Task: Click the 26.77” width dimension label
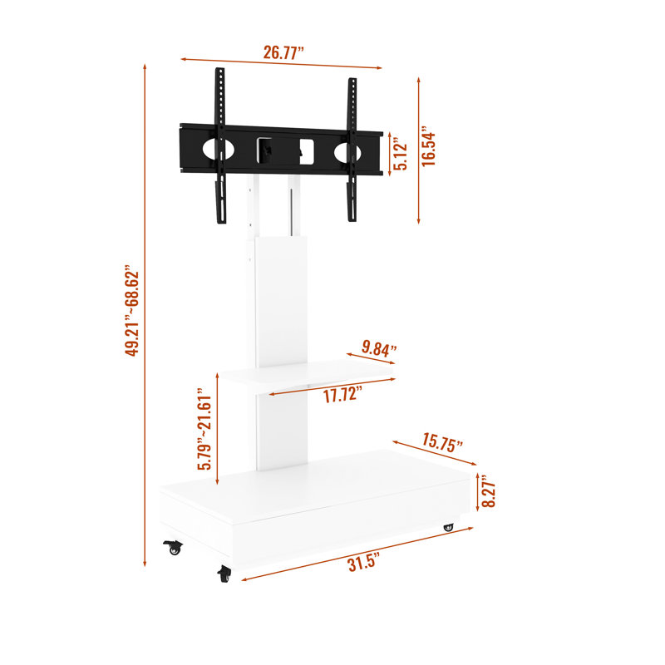coord(283,52)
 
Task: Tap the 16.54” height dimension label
coord(428,146)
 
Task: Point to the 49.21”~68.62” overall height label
coord(132,311)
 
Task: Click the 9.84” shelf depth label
coord(379,348)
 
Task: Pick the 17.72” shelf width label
coord(342,394)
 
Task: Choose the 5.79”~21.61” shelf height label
coord(204,429)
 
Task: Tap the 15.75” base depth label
coord(442,443)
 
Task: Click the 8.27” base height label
coord(489,491)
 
